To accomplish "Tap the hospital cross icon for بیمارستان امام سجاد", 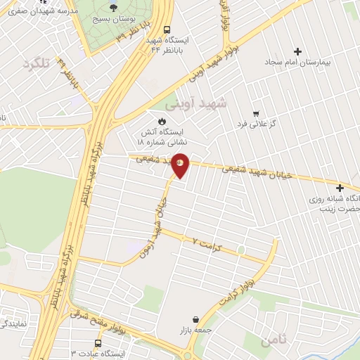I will coord(298,51).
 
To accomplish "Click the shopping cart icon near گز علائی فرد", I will coord(256,113).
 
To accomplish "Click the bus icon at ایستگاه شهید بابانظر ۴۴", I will coord(167,30).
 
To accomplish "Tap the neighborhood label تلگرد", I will coord(39,64).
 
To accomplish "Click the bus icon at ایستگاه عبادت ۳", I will coord(98,343).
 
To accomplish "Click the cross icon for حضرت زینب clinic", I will coord(340,188).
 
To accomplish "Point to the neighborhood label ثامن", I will coord(274,340).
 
